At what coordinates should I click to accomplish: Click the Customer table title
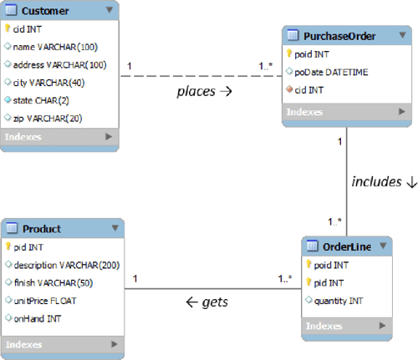point(45,12)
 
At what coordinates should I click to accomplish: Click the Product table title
point(42,228)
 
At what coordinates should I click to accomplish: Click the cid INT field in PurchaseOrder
point(313,90)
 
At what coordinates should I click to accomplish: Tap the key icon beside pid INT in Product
point(8,247)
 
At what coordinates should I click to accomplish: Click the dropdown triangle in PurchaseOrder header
point(401,36)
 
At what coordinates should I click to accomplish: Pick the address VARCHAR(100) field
point(58,64)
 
